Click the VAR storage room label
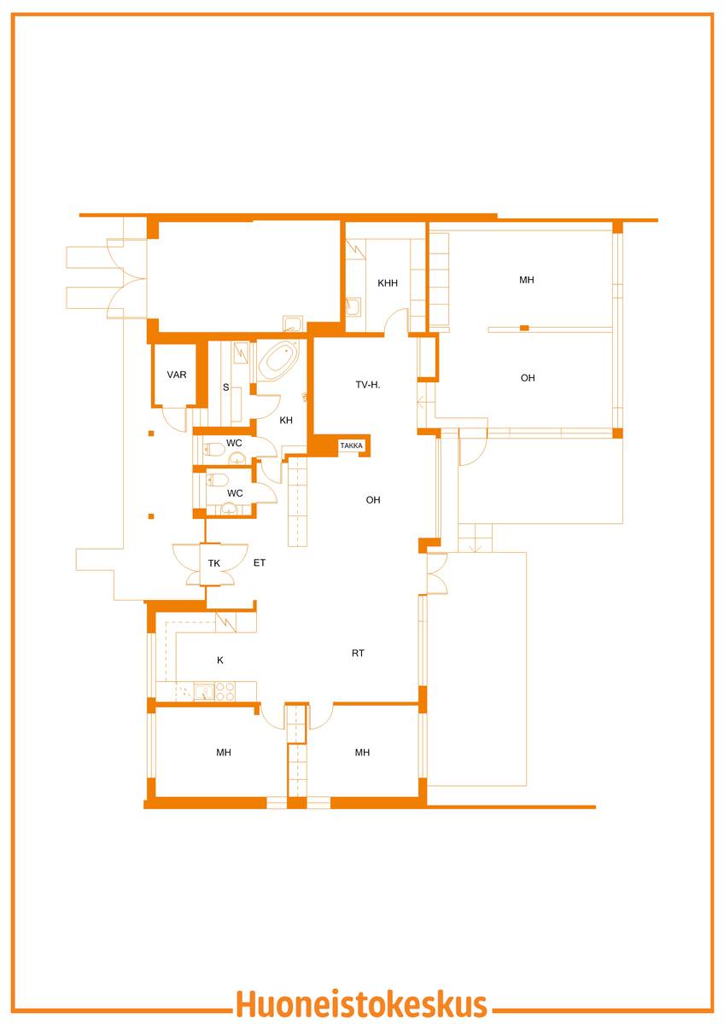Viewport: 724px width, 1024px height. click(177, 375)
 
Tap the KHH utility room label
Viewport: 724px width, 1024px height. click(388, 283)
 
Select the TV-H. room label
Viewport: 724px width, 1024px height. click(368, 385)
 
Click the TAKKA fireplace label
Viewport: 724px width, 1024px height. click(351, 445)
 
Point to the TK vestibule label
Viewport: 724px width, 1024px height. click(214, 563)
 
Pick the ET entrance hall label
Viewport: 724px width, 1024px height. click(260, 562)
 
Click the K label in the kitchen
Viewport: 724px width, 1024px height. click(220, 660)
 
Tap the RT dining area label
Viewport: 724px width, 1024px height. click(358, 654)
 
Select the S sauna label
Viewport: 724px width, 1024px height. click(225, 387)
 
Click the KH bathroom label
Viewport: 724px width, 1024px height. click(286, 420)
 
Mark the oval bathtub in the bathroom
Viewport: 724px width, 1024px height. click(278, 361)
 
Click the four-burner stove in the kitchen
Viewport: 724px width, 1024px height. click(225, 691)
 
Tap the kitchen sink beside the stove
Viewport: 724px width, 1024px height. click(204, 692)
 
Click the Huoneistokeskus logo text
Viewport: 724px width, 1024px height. click(361, 1004)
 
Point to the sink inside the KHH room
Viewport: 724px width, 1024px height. click(353, 305)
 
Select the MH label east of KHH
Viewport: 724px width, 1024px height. click(527, 280)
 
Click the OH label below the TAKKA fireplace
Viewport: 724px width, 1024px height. click(373, 500)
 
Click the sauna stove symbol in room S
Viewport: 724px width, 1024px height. click(241, 353)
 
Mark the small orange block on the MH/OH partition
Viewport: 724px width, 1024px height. click(524, 328)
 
